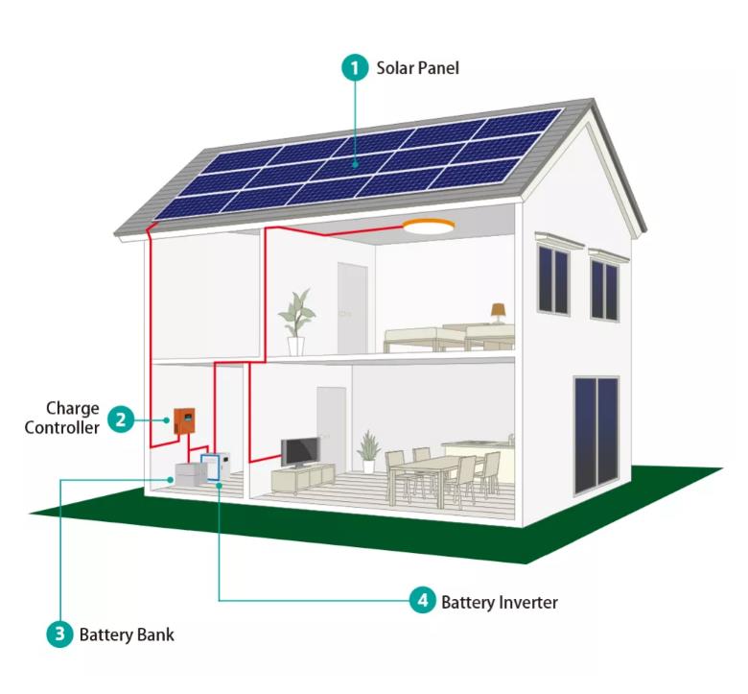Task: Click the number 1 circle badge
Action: (355, 68)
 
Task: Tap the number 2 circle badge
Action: (121, 419)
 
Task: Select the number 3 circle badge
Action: (59, 634)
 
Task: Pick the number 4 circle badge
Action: (423, 600)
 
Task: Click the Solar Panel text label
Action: (417, 68)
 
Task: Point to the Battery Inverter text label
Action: (500, 602)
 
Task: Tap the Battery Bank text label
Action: (127, 634)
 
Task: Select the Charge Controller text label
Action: (62, 418)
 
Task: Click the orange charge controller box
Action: (184, 421)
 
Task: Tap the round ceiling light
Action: (429, 226)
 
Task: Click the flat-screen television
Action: (300, 452)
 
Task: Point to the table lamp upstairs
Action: (498, 313)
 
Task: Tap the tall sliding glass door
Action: (596, 435)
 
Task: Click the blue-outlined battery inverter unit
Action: (210, 467)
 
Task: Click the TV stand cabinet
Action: (303, 478)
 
